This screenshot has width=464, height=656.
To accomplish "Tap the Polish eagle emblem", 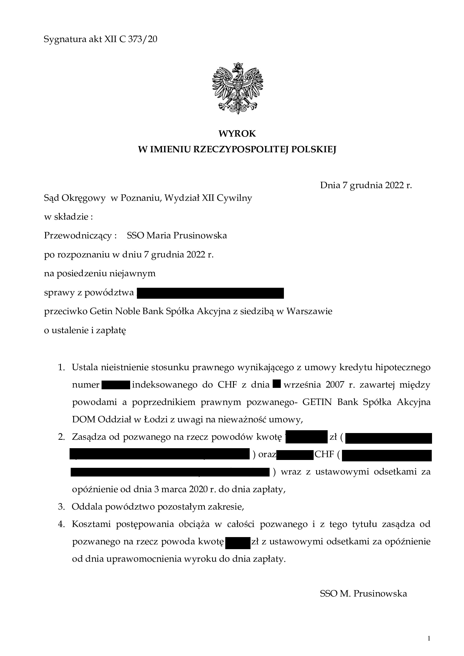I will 237,88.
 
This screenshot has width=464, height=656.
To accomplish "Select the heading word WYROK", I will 237,133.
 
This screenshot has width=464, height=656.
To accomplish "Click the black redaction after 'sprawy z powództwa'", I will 210,293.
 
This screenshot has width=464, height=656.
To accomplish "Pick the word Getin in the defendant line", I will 102,311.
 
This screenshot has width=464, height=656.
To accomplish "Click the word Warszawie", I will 309,311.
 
